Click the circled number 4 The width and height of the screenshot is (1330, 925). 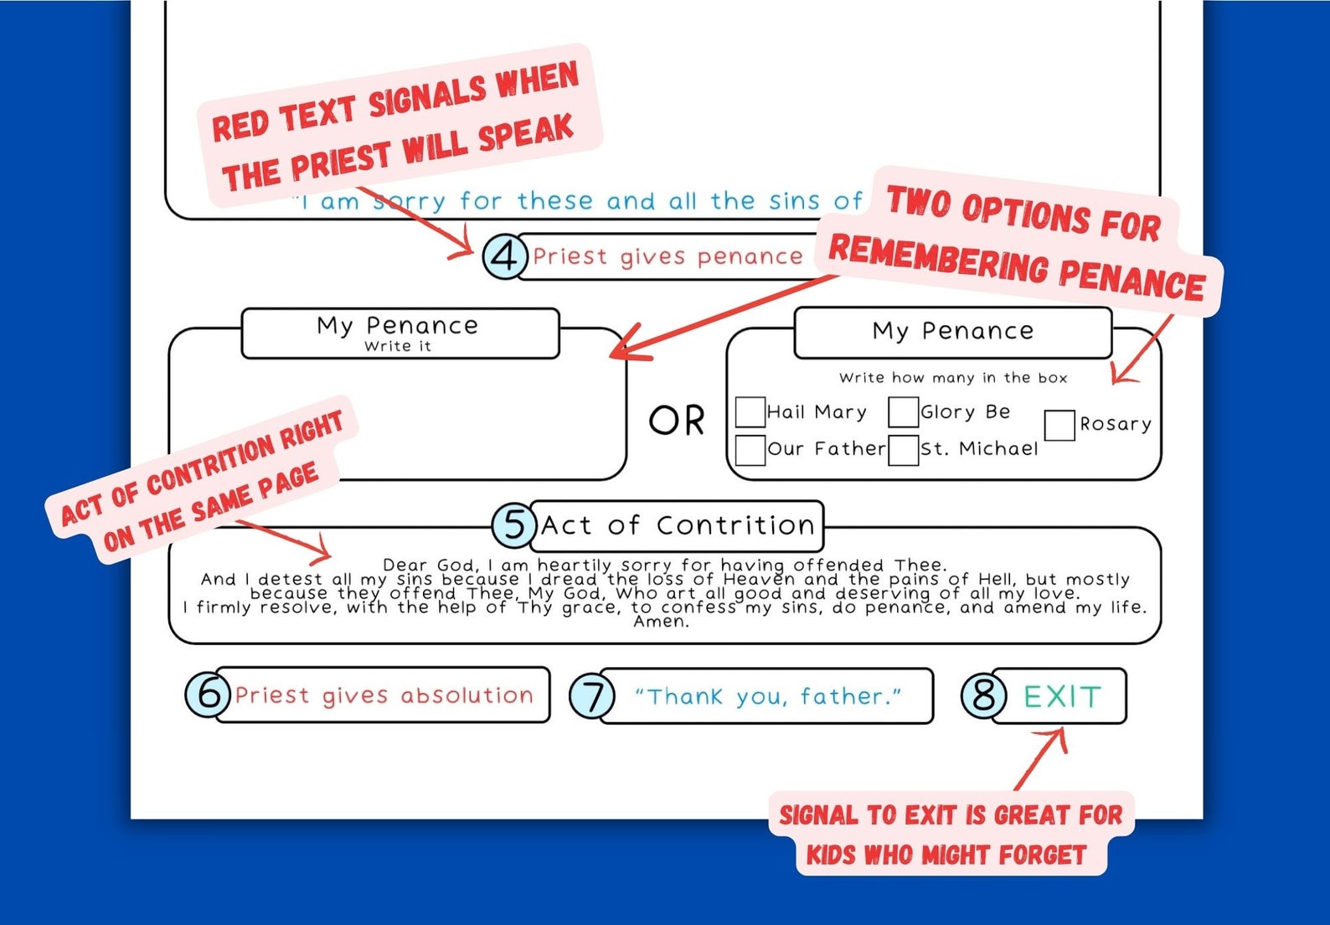(x=505, y=256)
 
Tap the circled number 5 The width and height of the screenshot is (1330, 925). (x=515, y=525)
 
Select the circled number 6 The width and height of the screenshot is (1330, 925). (x=209, y=694)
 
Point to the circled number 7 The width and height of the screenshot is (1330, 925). (x=592, y=695)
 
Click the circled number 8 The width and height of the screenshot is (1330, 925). (x=984, y=694)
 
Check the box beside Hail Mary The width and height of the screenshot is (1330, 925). (x=750, y=412)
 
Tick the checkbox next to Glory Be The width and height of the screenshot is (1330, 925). (x=903, y=412)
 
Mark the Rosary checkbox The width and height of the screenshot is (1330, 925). (x=1059, y=426)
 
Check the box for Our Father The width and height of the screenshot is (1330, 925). (x=750, y=450)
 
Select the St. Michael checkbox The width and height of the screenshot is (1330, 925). (x=903, y=450)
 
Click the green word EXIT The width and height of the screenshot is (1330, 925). (x=1062, y=696)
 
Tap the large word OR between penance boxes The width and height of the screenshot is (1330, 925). (x=676, y=421)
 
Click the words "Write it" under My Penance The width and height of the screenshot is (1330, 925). (x=398, y=346)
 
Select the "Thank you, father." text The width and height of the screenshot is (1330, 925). (x=768, y=696)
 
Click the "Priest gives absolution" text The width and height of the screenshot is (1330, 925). (x=384, y=695)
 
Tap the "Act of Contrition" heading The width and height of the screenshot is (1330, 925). (x=678, y=526)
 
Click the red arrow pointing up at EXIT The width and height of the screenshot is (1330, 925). (x=1041, y=758)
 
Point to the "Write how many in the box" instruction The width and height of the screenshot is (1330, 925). (x=953, y=378)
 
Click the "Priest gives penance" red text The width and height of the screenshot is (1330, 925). (x=668, y=257)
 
